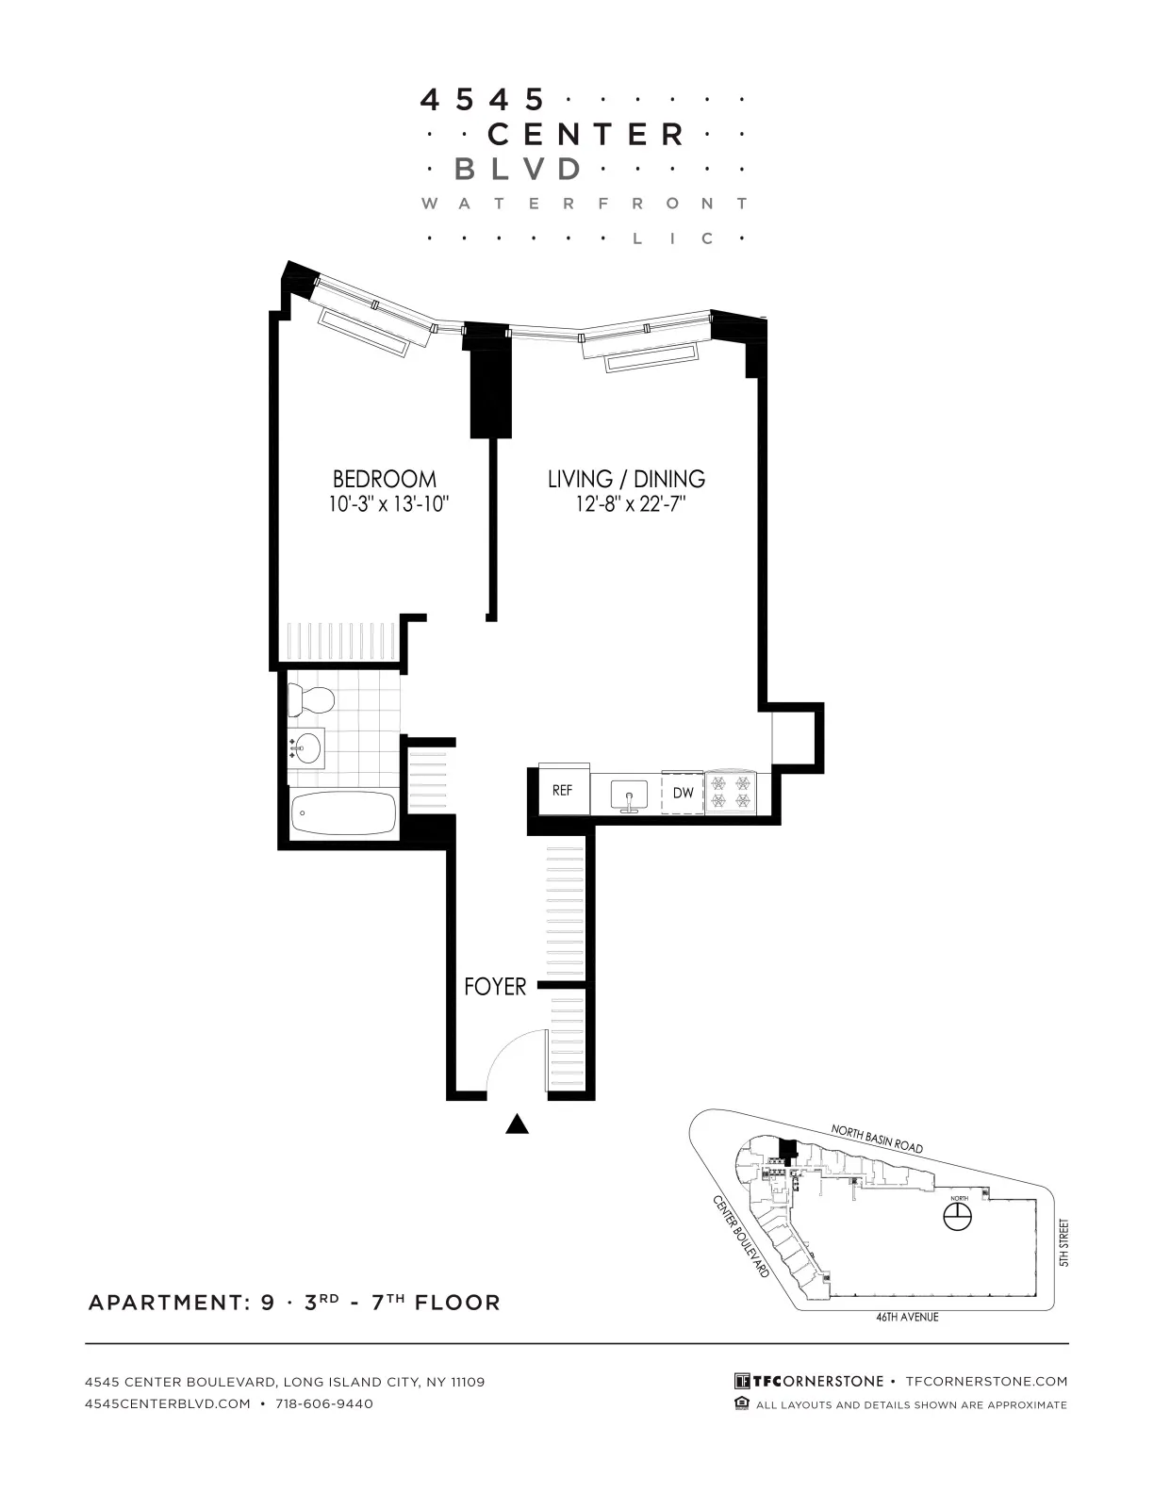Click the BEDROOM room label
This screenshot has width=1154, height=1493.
(x=384, y=479)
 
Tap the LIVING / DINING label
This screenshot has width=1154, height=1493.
(x=626, y=479)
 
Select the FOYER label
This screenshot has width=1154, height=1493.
(x=495, y=987)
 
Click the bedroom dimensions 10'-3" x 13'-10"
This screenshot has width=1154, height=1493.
(x=387, y=504)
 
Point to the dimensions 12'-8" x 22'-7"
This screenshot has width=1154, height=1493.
(x=630, y=504)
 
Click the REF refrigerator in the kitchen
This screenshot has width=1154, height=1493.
(x=563, y=791)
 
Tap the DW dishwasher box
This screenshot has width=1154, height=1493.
(x=683, y=793)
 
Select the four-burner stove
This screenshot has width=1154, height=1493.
(x=732, y=792)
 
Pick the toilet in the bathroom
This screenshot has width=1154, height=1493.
(x=311, y=699)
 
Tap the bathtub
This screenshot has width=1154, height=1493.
(x=343, y=813)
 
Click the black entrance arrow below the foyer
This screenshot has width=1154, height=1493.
(x=516, y=1124)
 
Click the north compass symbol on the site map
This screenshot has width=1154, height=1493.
(x=958, y=1218)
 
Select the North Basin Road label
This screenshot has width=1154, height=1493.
(x=876, y=1138)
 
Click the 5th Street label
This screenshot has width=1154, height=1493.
(x=1064, y=1242)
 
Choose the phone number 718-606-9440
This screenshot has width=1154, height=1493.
(x=324, y=1403)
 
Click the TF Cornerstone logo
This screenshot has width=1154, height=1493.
(x=809, y=1381)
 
